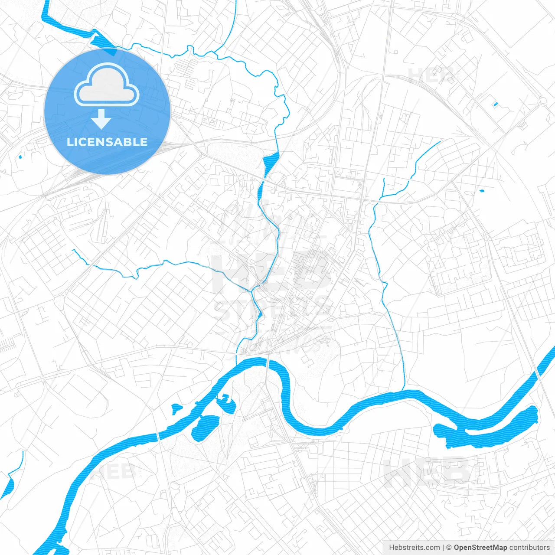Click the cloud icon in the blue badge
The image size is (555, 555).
click(x=107, y=85)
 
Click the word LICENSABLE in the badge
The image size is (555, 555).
click(x=107, y=142)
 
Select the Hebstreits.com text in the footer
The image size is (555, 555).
click(x=414, y=548)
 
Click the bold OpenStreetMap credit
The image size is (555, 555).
click(x=480, y=548)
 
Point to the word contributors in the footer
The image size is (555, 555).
click(x=529, y=548)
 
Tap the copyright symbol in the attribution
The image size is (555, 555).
click(x=449, y=548)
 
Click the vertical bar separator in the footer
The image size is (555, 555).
click(x=443, y=548)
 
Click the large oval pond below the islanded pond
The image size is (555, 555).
click(x=205, y=427)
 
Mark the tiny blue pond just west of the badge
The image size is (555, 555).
click(x=20, y=157)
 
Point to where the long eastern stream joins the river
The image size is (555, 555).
click(x=404, y=391)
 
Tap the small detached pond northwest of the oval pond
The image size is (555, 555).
click(x=176, y=409)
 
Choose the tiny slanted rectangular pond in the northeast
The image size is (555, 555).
click(x=496, y=104)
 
